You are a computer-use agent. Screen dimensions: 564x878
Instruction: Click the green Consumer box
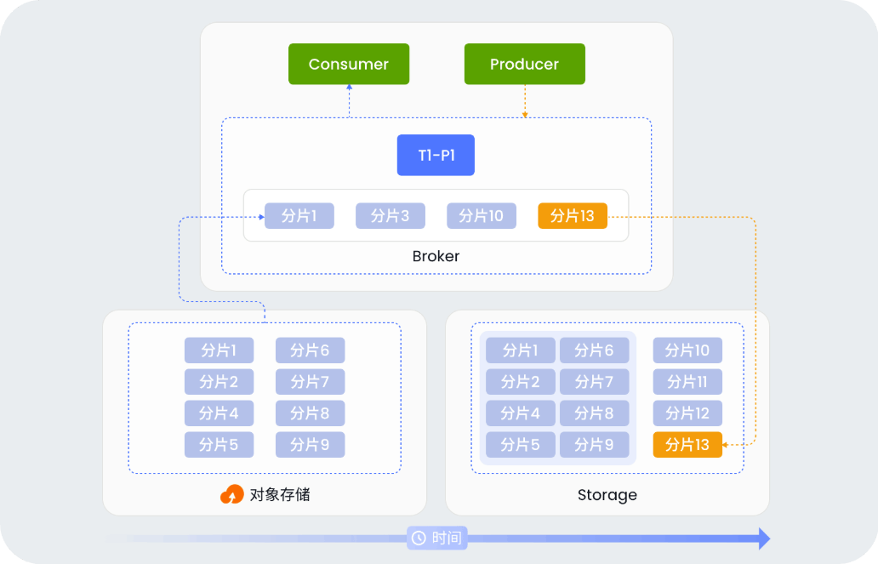(x=349, y=65)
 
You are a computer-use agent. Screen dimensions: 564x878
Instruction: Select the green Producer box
(x=524, y=65)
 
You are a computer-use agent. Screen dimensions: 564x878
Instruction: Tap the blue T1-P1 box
(x=436, y=156)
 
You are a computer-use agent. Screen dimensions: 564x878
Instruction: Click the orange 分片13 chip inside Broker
(x=573, y=216)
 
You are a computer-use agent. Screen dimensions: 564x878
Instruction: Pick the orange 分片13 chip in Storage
(x=687, y=445)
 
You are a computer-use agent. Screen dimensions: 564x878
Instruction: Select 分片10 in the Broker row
(x=482, y=216)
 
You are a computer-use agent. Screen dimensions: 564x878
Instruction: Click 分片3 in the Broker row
(x=391, y=216)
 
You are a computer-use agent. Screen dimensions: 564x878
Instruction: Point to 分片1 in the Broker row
(x=299, y=216)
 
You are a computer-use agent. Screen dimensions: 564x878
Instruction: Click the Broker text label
(x=436, y=256)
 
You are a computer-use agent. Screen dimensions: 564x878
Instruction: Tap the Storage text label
(x=607, y=495)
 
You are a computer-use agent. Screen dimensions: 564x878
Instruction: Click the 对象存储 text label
(x=280, y=495)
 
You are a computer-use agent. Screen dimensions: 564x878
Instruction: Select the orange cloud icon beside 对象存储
(x=231, y=495)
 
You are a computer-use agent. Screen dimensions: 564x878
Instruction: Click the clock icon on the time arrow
(x=419, y=538)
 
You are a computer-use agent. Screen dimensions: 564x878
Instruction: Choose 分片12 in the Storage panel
(x=687, y=413)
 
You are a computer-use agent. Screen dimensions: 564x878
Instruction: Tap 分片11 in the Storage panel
(x=687, y=382)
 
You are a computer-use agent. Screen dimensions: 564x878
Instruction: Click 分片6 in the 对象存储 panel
(x=310, y=350)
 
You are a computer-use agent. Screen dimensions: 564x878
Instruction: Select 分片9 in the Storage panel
(x=594, y=445)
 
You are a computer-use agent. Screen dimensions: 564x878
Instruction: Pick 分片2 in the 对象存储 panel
(x=219, y=382)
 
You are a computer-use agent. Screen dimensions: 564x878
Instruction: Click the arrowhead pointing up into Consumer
(x=349, y=88)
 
